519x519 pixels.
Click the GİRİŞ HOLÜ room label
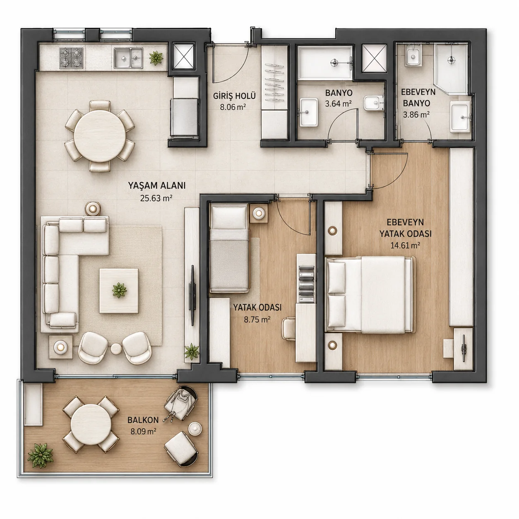tap(234, 96)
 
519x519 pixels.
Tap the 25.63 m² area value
tap(156, 198)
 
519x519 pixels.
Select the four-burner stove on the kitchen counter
tap(71, 58)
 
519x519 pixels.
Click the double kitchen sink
tap(128, 58)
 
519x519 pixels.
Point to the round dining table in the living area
tap(100, 136)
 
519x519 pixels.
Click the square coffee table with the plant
tap(119, 291)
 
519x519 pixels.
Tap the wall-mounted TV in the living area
tap(192, 295)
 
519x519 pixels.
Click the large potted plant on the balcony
tap(40, 456)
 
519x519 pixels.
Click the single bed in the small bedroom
tap(229, 248)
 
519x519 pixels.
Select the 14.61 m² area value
tap(405, 245)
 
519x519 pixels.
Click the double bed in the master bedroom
tap(370, 295)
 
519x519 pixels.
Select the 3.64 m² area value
tap(338, 103)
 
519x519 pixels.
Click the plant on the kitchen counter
tap(156, 58)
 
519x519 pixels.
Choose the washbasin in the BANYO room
tap(309, 112)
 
